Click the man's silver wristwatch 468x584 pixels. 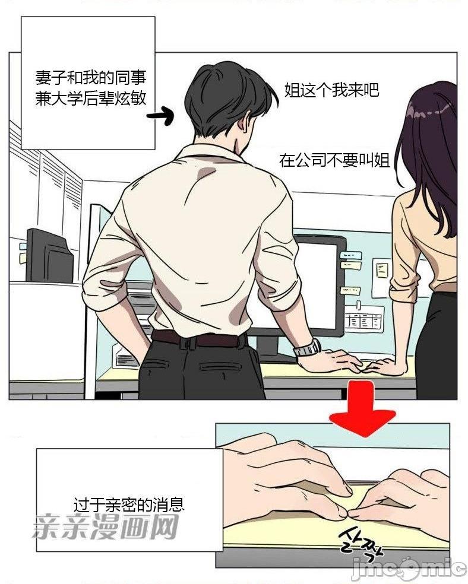click(307, 348)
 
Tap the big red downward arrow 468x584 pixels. click(362, 410)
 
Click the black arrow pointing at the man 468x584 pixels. click(160, 116)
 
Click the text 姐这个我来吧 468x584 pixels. click(331, 90)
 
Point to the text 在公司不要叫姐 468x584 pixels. click(334, 160)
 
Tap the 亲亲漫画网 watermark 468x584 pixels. click(105, 526)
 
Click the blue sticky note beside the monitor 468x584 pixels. click(350, 255)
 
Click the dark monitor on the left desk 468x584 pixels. click(49, 256)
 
